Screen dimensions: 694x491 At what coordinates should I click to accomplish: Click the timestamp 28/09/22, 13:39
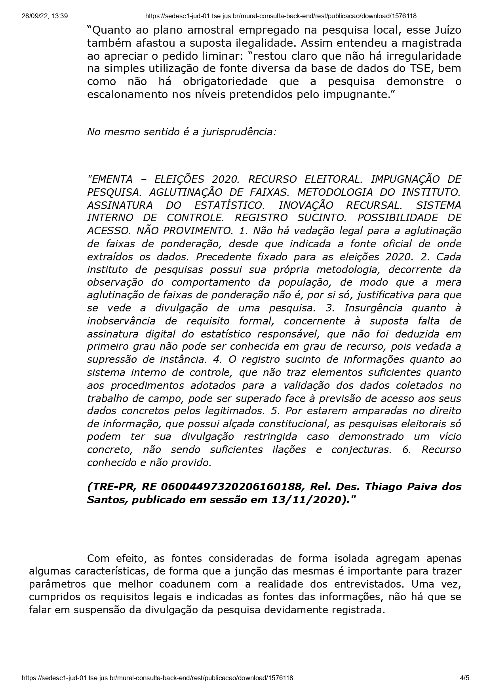point(45,16)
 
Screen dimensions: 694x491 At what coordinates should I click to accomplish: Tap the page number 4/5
point(464,678)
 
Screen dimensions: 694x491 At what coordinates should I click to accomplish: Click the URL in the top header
point(281,16)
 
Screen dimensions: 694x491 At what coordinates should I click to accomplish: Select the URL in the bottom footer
point(158,678)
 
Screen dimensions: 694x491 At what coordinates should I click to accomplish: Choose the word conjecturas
point(361,449)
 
